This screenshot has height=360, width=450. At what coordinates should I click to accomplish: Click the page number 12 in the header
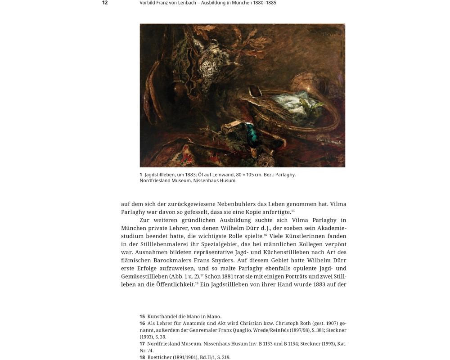pos(105,3)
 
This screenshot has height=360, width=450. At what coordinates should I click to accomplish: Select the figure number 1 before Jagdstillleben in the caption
pos(141,175)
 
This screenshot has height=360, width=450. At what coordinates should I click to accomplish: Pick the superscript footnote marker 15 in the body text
pos(293,211)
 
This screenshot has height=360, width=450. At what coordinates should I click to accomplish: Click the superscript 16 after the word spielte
pos(265,234)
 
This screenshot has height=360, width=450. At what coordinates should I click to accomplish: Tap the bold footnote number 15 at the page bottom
pos(142,316)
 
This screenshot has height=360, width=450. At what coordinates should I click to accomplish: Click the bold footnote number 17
pos(142,344)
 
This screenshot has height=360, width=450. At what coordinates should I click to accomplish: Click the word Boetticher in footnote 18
pos(161,357)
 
